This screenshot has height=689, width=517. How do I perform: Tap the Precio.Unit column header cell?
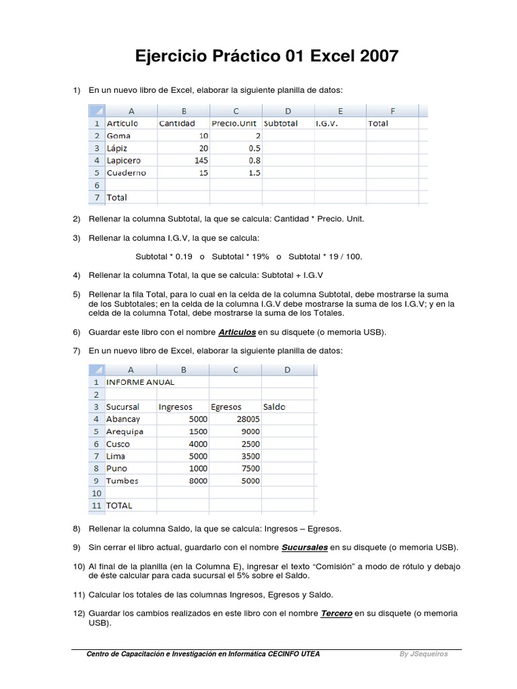tap(234, 124)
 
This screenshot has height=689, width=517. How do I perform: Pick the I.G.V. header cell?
tap(326, 124)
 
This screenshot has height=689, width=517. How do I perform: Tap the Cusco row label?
tap(118, 444)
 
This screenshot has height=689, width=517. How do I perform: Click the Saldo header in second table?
tap(275, 407)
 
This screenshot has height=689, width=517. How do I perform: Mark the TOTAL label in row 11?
tap(120, 505)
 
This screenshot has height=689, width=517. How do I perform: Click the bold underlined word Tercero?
tap(337, 614)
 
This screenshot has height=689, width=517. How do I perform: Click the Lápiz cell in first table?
tap(117, 148)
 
